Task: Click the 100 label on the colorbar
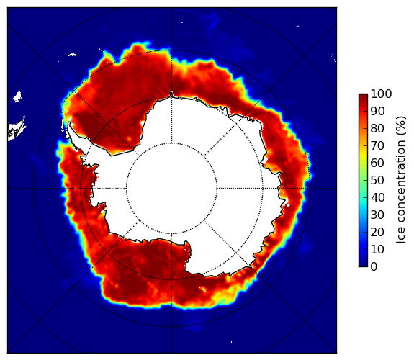[x=381, y=94]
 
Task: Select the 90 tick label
[x=377, y=111]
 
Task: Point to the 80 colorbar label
[x=377, y=128]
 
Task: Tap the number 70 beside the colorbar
[x=377, y=145]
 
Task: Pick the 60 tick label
[x=377, y=163]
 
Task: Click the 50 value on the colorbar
[x=377, y=181]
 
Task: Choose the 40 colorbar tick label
[x=377, y=197]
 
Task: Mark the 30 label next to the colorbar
[x=377, y=215]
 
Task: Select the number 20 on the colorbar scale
[x=377, y=232]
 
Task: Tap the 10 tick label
[x=377, y=250]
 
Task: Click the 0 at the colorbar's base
[x=374, y=267]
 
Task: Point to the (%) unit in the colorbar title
[x=401, y=126]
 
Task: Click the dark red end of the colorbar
[x=363, y=95]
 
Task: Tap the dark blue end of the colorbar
[x=363, y=265]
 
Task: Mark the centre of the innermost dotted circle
[x=171, y=189]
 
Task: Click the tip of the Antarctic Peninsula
[x=69, y=123]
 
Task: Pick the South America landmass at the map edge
[x=16, y=131]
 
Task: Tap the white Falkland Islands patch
[x=17, y=97]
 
